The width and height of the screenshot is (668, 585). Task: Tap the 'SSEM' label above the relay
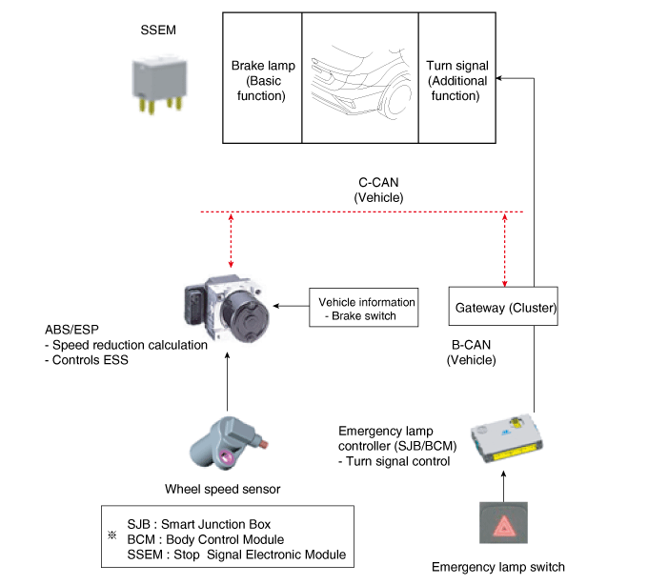[x=158, y=30]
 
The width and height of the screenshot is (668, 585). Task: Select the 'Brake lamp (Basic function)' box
[x=262, y=81]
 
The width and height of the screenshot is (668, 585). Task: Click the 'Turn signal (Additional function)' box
[x=456, y=81]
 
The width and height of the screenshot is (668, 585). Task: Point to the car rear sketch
[x=359, y=76]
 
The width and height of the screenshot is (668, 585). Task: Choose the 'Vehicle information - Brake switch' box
[x=363, y=308]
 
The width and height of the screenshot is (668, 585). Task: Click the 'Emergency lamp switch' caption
[x=497, y=567]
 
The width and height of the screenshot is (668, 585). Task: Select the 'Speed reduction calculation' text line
[x=121, y=345]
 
